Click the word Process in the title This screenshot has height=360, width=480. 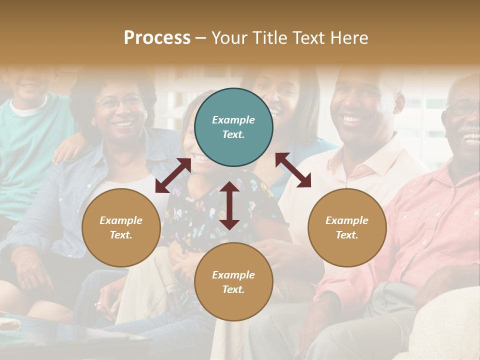point(157,38)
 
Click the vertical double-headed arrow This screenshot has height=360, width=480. point(229,206)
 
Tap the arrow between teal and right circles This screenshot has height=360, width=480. point(293,170)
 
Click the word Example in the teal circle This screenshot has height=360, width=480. point(233,120)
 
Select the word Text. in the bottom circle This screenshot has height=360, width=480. point(233,289)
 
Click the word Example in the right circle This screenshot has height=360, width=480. point(347,220)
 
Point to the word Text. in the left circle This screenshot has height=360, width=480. point(121,235)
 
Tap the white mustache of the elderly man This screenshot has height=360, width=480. point(469,131)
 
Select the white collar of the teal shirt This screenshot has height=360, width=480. point(27,107)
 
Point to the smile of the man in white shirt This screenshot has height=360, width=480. point(353,119)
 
